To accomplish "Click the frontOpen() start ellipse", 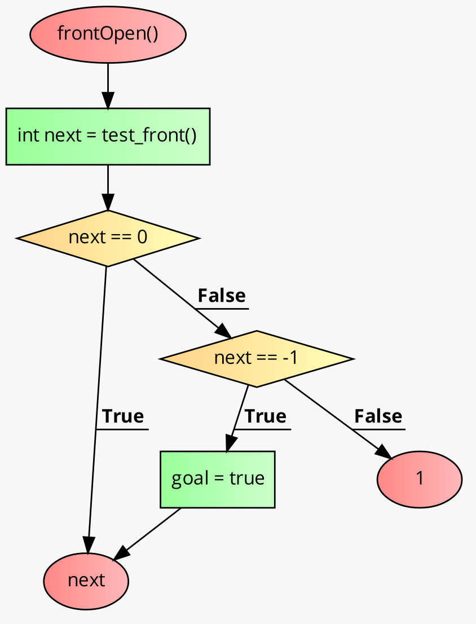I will [107, 34].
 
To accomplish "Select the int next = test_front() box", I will [108, 136].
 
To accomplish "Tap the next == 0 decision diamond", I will [108, 238].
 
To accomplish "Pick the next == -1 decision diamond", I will [257, 358].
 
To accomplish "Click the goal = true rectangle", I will [217, 479].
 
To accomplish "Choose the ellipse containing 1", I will [419, 479].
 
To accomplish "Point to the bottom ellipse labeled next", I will [86, 581].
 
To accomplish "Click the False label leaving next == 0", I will [221, 296].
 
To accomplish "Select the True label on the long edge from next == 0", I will [122, 416].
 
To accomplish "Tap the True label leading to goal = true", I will [265, 416].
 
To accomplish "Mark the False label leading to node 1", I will [378, 416].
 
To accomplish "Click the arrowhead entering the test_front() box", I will [108, 102].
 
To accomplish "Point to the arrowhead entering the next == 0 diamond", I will [108, 203].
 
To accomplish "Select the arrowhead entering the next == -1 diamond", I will [224, 332].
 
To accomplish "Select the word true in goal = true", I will [246, 479].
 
